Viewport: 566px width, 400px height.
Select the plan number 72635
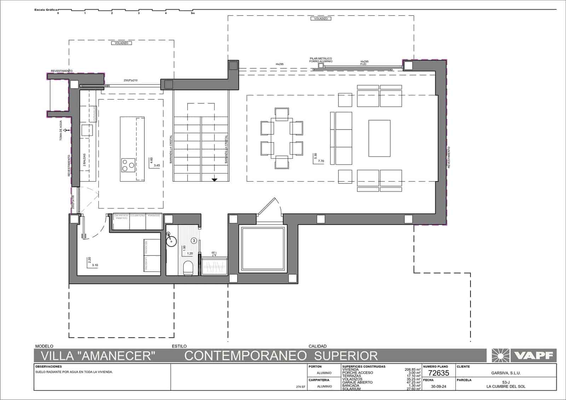pos(439,373)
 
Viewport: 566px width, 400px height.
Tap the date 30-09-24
pos(439,387)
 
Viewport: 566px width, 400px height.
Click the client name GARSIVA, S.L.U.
pos(506,373)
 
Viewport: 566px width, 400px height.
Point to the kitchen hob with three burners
pos(128,164)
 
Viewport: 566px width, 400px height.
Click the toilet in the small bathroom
pos(189,267)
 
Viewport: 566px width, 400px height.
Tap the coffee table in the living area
pos(379,138)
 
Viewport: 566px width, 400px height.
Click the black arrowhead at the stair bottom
pos(214,180)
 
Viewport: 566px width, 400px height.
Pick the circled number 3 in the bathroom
pos(194,241)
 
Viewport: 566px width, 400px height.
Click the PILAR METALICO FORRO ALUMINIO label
pos(320,60)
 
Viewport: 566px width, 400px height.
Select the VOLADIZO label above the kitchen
pos(121,43)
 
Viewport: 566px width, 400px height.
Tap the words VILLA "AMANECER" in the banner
pos(98,355)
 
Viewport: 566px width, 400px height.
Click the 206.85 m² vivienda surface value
pos(412,370)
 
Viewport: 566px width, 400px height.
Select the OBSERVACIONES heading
pos(48,367)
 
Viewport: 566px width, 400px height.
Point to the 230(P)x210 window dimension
pos(131,81)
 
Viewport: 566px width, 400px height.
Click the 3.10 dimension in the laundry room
pos(94,265)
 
